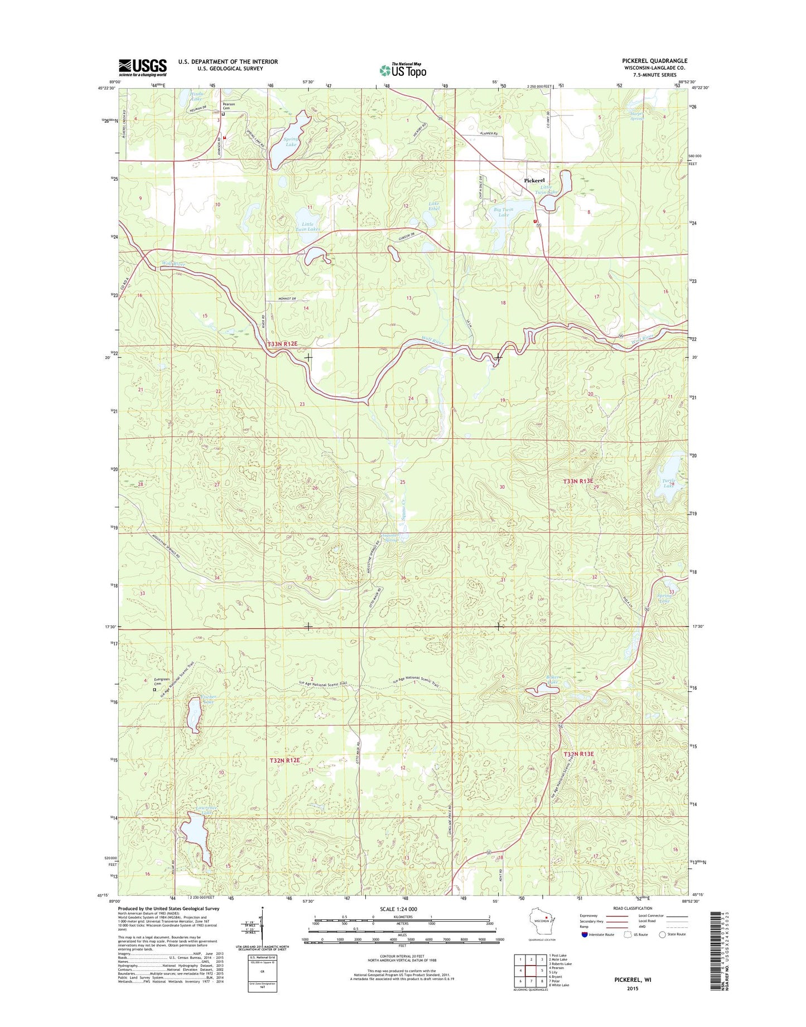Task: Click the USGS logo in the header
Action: point(142,67)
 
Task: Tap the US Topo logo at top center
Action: point(403,70)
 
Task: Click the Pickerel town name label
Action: point(534,181)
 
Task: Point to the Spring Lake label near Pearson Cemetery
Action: point(291,141)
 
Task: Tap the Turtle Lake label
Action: point(668,483)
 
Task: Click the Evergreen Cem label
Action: point(161,682)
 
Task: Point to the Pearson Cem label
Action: point(229,106)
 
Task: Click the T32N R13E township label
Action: point(578,754)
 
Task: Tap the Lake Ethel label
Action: point(434,206)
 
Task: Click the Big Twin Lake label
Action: point(503,212)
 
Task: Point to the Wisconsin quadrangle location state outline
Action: point(545,931)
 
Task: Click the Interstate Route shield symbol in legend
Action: point(585,950)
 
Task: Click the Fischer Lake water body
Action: point(194,715)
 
